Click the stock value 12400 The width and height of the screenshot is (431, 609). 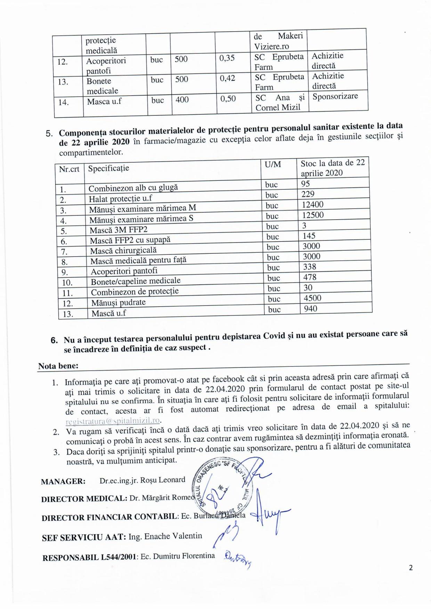(312, 205)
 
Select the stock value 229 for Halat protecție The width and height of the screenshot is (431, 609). (308, 194)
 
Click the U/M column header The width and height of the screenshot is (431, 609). (273, 164)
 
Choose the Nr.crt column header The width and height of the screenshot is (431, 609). (69, 169)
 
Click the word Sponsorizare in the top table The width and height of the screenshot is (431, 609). (335, 96)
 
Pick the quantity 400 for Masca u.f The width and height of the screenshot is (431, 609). (182, 100)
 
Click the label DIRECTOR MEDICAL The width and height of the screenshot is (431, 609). (84, 499)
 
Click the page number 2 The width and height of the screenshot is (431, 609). (411, 568)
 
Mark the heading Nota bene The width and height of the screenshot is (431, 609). (58, 366)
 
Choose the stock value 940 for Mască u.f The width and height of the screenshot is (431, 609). (310, 309)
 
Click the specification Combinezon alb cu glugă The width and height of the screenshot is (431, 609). (133, 188)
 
